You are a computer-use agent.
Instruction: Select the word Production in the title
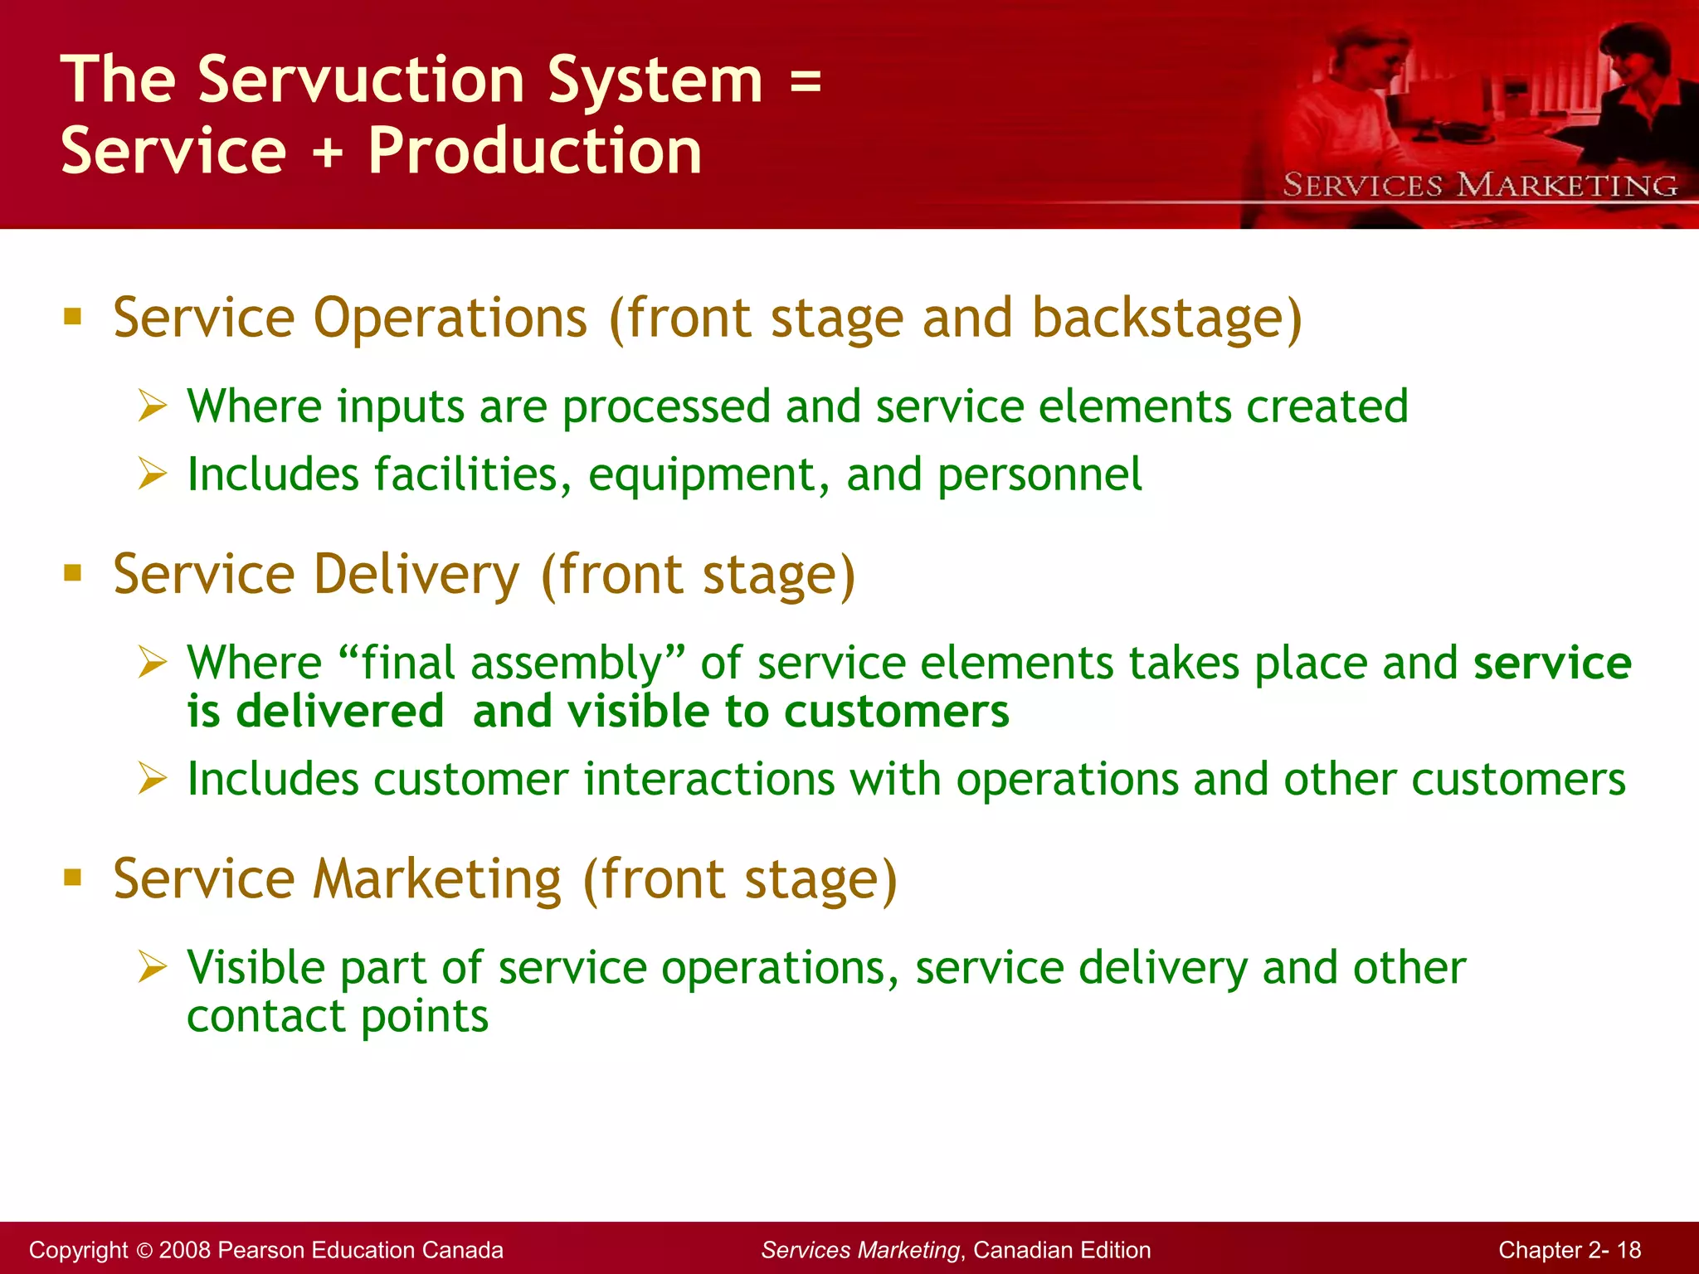pyautogui.click(x=535, y=153)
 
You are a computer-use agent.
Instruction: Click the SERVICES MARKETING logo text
pyautogui.click(x=1481, y=185)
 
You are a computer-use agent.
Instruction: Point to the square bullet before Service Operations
pyautogui.click(x=73, y=316)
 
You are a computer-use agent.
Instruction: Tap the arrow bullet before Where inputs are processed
pyautogui.click(x=153, y=406)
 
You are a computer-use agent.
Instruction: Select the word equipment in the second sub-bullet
pyautogui.click(x=702, y=476)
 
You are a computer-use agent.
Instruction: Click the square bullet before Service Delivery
pyautogui.click(x=73, y=572)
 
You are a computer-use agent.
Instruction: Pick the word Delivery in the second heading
pyautogui.click(x=416, y=575)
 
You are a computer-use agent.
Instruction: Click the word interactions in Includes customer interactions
pyautogui.click(x=709, y=780)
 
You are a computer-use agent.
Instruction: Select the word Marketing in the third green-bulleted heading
pyautogui.click(x=437, y=879)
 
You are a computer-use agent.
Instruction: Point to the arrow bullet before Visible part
pyautogui.click(x=153, y=967)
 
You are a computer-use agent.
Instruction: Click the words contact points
pyautogui.click(x=338, y=1017)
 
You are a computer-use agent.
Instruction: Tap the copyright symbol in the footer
pyautogui.click(x=144, y=1251)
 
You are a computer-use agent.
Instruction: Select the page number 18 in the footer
pyautogui.click(x=1628, y=1251)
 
